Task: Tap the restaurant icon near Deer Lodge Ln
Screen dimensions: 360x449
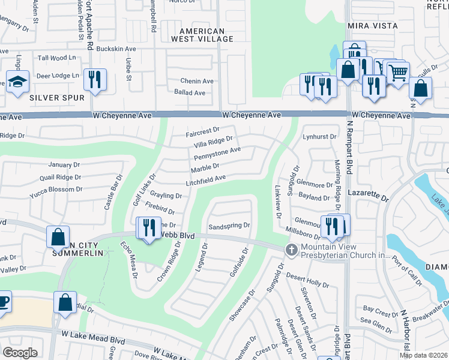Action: click(x=95, y=79)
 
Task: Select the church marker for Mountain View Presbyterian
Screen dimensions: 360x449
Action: click(x=291, y=250)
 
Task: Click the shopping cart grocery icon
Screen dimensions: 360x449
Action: click(x=398, y=73)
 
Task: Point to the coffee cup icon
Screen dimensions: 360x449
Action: click(x=3, y=301)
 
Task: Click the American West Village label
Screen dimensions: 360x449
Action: click(x=202, y=35)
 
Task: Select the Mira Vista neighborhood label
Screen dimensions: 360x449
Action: click(x=372, y=26)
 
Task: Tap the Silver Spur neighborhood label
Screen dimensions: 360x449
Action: click(x=56, y=97)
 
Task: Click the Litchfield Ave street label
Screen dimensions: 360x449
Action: click(x=205, y=178)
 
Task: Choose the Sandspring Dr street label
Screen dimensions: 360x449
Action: click(x=229, y=226)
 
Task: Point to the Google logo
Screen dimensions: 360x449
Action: click(x=20, y=352)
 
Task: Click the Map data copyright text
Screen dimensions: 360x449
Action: click(x=423, y=355)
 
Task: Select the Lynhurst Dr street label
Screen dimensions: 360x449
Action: click(x=319, y=137)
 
